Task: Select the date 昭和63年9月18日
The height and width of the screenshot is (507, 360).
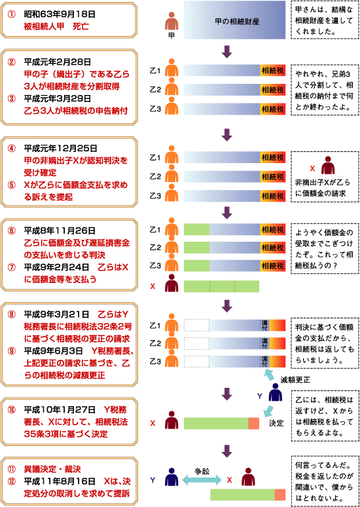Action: click(56, 15)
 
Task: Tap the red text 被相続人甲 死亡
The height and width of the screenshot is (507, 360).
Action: click(56, 26)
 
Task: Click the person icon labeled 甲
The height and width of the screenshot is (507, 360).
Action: click(171, 22)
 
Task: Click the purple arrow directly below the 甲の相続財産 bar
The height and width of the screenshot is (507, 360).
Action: click(228, 52)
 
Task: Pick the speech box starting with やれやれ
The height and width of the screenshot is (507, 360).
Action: click(323, 90)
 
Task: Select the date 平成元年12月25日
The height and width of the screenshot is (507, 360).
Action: click(60, 148)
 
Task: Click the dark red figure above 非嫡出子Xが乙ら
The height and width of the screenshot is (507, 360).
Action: click(328, 166)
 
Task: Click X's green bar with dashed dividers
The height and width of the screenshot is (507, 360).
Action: click(221, 286)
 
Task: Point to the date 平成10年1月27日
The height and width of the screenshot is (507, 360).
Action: click(60, 409)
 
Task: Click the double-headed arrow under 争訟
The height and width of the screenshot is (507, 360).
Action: click(202, 480)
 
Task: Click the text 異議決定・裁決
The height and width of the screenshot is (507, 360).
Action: click(52, 468)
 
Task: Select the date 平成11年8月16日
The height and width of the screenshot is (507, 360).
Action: click(60, 481)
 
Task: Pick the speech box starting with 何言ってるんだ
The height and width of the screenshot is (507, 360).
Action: click(323, 481)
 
